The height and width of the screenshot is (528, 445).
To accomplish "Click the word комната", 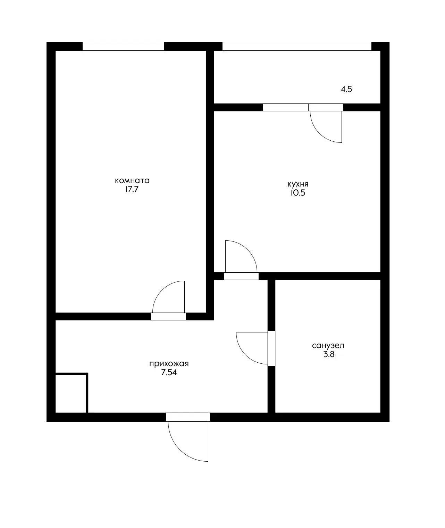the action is point(132,181).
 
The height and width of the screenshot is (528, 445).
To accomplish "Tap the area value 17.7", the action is point(132,189).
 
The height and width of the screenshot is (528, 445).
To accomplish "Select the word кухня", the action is point(298,184).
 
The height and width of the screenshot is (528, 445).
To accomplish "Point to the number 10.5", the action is point(298,193).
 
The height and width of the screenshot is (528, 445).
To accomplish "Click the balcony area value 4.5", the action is point(346,89).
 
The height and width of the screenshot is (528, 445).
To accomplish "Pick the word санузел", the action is point(328,346).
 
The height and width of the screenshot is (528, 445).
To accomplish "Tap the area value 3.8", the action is point(329,354).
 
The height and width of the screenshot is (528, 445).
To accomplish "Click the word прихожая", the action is point(169,364).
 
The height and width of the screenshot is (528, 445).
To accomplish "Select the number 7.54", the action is point(169,372).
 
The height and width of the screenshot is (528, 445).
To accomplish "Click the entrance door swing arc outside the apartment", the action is point(180,450).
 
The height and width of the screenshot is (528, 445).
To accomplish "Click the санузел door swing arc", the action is point(245,355).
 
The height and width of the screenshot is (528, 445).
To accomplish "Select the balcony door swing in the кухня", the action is point(319,133).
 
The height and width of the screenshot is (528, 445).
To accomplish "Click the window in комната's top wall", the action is point(123,46).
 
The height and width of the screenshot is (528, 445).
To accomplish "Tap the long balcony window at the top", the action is point(297,46).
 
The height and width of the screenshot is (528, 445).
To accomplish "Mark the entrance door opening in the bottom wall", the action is point(188,417).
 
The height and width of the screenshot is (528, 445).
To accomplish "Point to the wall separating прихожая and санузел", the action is point(271,346).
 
